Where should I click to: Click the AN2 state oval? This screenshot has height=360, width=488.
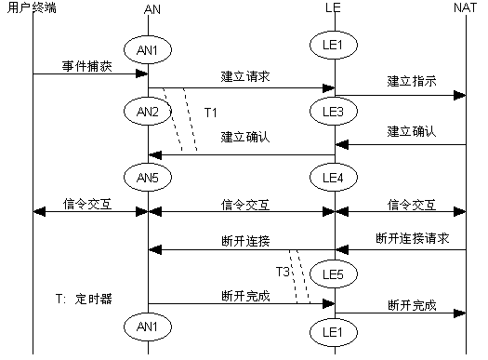click(149, 111)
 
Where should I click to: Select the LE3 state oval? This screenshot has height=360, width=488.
click(335, 111)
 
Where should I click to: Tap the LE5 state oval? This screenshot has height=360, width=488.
click(335, 273)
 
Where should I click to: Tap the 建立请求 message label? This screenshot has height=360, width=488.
click(244, 76)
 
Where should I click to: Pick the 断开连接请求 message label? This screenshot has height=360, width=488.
click(412, 238)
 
